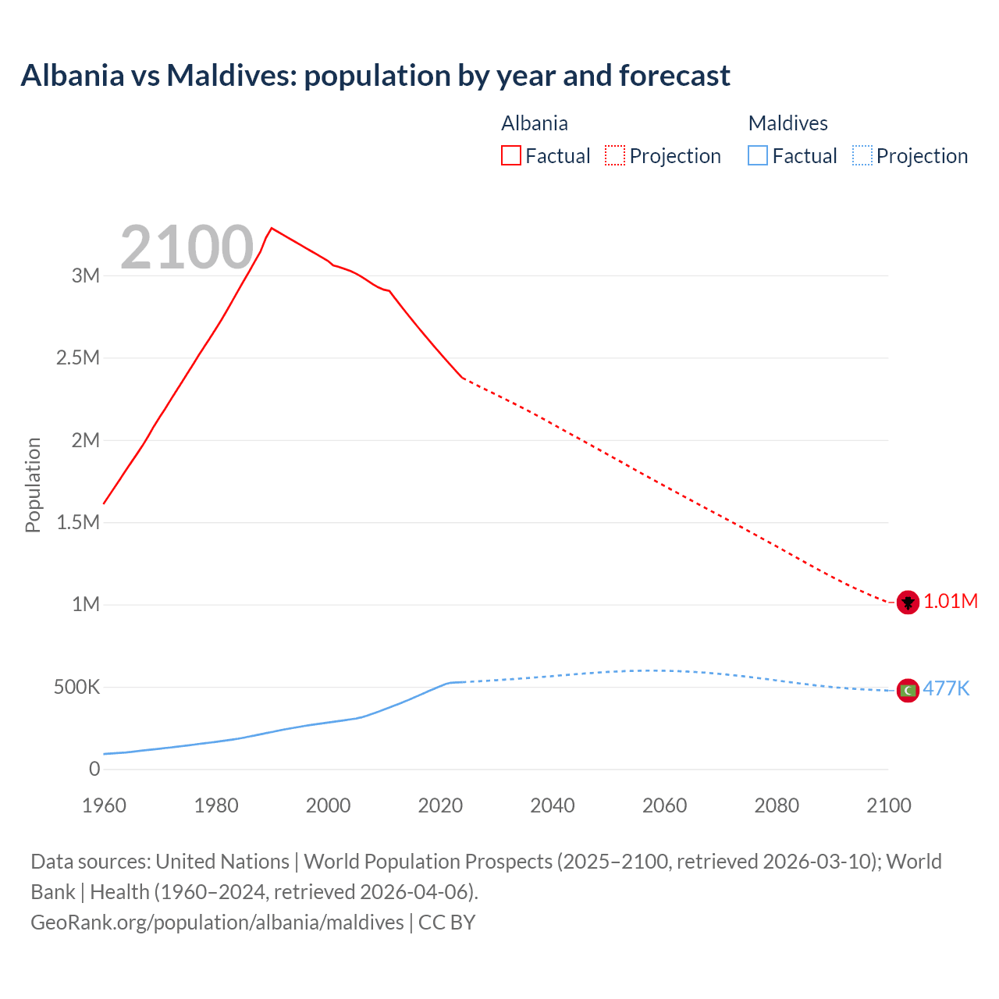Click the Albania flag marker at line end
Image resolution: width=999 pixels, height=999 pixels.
click(907, 602)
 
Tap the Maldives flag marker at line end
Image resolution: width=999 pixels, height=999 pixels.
click(907, 690)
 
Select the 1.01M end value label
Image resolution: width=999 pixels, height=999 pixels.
click(951, 601)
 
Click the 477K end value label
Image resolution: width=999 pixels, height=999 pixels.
click(946, 688)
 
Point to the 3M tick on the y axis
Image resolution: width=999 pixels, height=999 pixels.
click(86, 276)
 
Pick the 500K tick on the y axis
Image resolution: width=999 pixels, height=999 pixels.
click(77, 688)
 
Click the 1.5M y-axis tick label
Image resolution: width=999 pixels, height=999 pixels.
click(78, 522)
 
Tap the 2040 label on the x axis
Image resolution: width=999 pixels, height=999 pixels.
click(553, 805)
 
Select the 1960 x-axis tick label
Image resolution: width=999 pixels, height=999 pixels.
click(104, 805)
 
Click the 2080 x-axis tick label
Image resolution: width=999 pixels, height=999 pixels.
click(777, 805)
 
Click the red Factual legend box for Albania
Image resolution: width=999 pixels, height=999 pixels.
click(511, 155)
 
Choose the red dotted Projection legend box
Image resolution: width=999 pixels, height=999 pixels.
click(615, 155)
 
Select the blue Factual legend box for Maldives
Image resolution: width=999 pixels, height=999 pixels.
click(758, 155)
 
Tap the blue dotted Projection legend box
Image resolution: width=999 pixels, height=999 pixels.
click(862, 155)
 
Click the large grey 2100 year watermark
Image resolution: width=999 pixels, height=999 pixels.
click(187, 247)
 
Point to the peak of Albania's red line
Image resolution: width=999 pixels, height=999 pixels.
click(271, 228)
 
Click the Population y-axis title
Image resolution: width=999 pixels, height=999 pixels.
click(33, 485)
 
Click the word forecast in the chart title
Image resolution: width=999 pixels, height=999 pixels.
click(674, 76)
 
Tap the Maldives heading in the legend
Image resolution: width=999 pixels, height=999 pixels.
click(787, 123)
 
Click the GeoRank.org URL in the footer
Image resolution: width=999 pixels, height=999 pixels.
click(217, 922)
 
